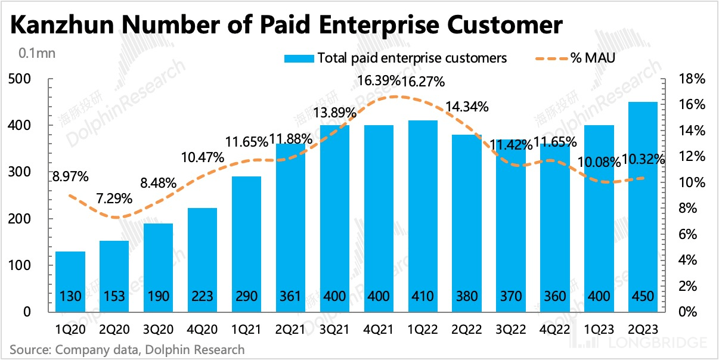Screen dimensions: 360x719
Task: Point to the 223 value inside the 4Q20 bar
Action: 203,296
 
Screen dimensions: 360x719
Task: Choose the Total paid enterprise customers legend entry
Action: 412,58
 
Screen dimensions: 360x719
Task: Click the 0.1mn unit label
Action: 37,53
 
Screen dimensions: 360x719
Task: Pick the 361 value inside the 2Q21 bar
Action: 291,296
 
